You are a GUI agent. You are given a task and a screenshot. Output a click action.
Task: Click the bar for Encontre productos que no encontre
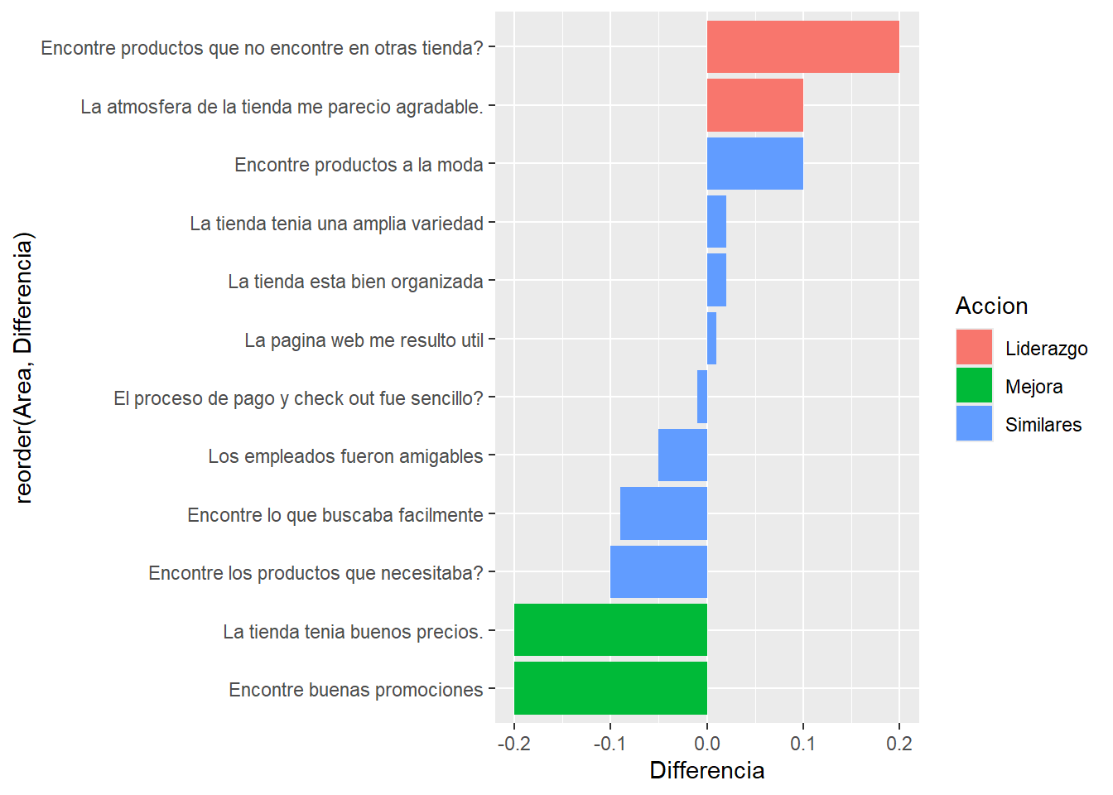coord(802,47)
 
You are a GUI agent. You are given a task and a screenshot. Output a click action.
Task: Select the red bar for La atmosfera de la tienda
coord(754,105)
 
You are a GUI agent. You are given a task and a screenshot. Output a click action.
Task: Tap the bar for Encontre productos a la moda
coord(754,164)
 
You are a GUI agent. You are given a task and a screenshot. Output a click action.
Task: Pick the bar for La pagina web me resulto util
coord(711,339)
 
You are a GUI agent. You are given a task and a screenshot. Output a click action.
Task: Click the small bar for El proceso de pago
coord(702,397)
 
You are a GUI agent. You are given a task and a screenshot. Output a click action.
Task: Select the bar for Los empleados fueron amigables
coord(682,455)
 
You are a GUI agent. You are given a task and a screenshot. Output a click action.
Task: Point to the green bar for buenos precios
coord(610,630)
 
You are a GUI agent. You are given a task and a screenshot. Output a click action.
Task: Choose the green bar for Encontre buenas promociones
coord(610,688)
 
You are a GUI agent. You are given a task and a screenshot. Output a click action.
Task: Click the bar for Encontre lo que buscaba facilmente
coord(663,513)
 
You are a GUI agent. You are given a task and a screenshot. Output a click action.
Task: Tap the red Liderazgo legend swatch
coord(974,348)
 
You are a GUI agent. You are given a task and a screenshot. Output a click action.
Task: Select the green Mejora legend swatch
coord(974,386)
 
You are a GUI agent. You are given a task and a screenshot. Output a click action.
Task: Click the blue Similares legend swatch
coord(974,424)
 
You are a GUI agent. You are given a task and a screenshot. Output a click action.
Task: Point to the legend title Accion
coord(991,306)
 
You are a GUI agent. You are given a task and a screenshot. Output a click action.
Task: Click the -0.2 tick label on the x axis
coord(513,744)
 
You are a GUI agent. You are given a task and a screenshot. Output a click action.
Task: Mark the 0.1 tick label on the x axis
coord(802,744)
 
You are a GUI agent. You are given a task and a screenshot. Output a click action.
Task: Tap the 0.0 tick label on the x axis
coord(706,744)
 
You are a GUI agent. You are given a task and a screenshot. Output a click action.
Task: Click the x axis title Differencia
coord(706,771)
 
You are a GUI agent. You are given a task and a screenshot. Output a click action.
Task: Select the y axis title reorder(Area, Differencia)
coord(24,368)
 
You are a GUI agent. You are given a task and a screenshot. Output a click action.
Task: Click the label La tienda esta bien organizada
coord(355,282)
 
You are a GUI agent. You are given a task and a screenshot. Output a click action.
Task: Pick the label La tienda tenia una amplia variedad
coord(336,224)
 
